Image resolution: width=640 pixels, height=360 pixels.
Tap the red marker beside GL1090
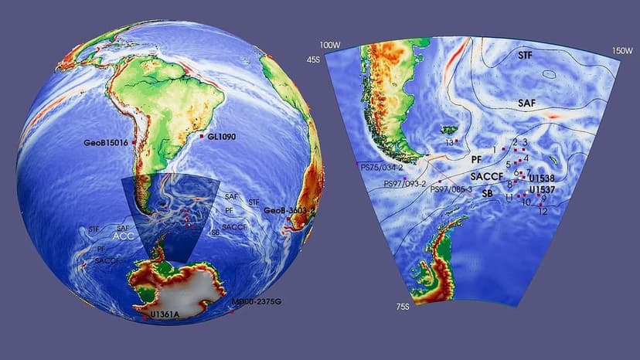tap(202, 136)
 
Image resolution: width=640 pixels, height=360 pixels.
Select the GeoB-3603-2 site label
tap(289, 210)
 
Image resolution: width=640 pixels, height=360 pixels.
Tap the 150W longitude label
tap(622, 50)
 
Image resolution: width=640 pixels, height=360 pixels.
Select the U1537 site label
tap(543, 190)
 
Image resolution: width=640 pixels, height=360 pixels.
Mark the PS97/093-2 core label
tap(405, 184)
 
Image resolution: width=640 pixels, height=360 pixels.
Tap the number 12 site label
tap(543, 211)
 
